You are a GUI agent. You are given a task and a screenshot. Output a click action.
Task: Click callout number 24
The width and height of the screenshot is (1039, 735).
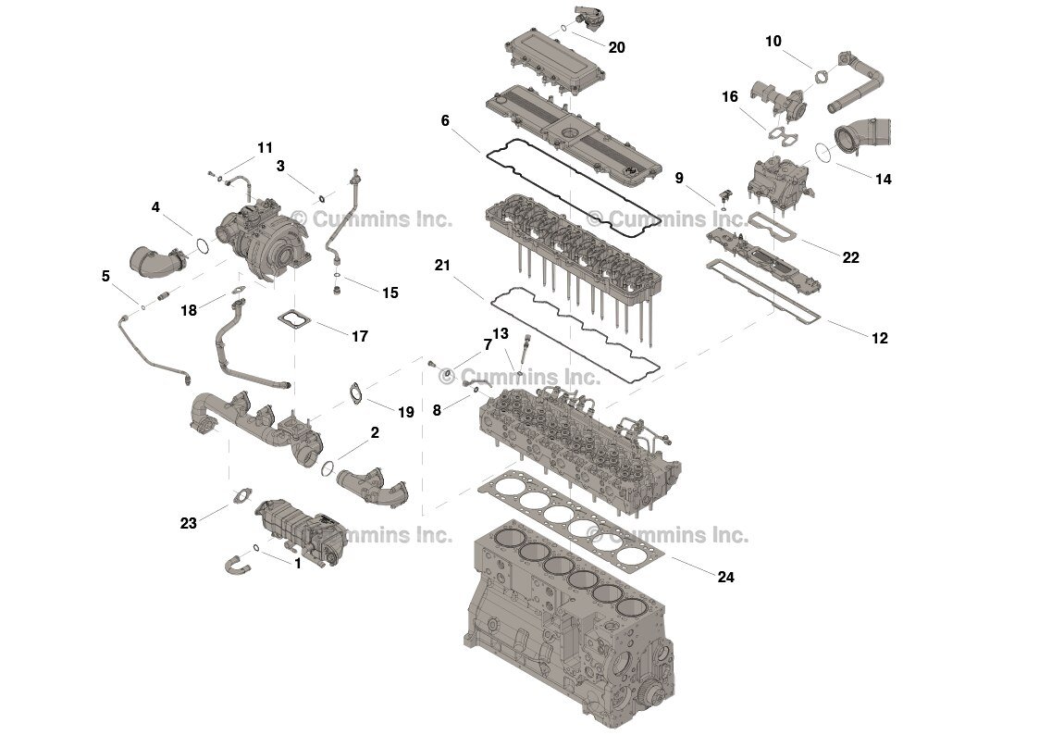725,577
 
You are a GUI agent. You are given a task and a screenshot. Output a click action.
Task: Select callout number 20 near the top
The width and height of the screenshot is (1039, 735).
616,47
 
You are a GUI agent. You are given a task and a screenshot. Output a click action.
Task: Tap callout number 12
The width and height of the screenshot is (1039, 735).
879,339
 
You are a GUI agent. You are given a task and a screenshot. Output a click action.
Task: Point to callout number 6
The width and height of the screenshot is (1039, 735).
445,120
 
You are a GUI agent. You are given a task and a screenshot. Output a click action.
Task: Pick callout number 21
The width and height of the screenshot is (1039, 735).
442,266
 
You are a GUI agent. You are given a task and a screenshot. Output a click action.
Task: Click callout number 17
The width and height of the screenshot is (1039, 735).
359,336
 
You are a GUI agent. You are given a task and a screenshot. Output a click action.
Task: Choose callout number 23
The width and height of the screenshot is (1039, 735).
189,523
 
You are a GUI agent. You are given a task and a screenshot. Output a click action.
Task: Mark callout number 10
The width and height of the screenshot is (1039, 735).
773,41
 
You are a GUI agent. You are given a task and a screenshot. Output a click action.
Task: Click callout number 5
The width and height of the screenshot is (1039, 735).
105,276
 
